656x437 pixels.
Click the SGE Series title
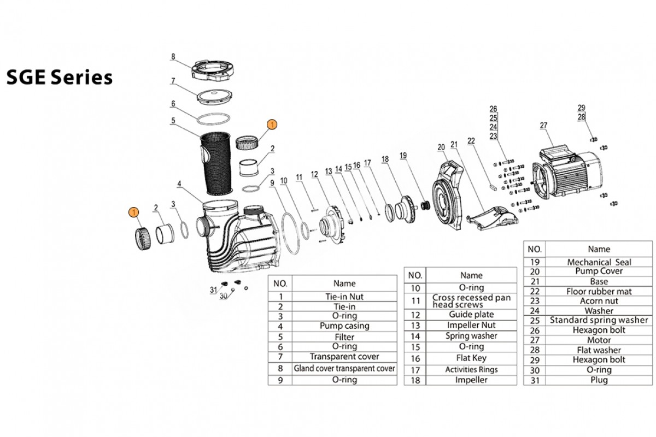point(59,78)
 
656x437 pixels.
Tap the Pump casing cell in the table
point(344,326)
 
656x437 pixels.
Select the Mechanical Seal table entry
point(599,262)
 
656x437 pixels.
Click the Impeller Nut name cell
point(471,325)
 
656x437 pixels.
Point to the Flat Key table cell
point(471,358)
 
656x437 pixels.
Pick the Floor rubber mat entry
point(599,291)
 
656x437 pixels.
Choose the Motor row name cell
point(599,340)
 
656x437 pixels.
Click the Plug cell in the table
point(599,380)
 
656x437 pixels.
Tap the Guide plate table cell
point(471,315)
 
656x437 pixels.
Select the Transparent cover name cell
point(344,357)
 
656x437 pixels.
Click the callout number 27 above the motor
point(543,126)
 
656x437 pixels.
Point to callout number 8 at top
point(173,56)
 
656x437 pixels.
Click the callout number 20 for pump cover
point(441,146)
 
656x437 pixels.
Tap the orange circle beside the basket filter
point(272,125)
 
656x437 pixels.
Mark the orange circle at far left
point(133,211)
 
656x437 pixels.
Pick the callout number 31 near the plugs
point(213,290)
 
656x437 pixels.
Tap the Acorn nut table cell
point(599,301)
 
